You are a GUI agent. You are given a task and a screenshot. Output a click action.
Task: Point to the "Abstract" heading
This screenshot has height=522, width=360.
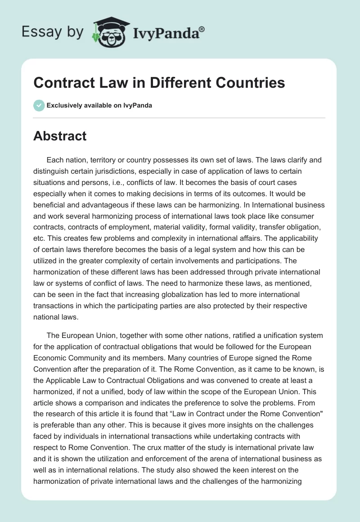(60, 135)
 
